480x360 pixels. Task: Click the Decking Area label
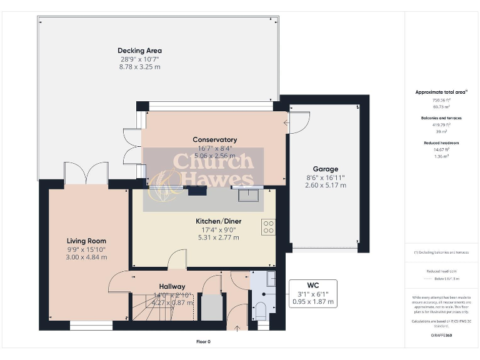tap(140, 51)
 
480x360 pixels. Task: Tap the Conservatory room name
tap(214, 139)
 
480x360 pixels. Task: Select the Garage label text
tap(325, 169)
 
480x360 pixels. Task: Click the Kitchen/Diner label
tap(219, 221)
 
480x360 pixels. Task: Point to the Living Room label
tap(86, 241)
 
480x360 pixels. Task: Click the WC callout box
tap(313, 293)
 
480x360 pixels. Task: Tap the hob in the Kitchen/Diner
tap(269, 227)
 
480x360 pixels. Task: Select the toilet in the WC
tap(261, 310)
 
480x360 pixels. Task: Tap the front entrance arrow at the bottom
tap(236, 326)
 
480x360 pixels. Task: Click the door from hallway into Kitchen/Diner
tap(177, 260)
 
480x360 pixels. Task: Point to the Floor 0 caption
tap(203, 342)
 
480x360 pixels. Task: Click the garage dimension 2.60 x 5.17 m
tap(325, 186)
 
